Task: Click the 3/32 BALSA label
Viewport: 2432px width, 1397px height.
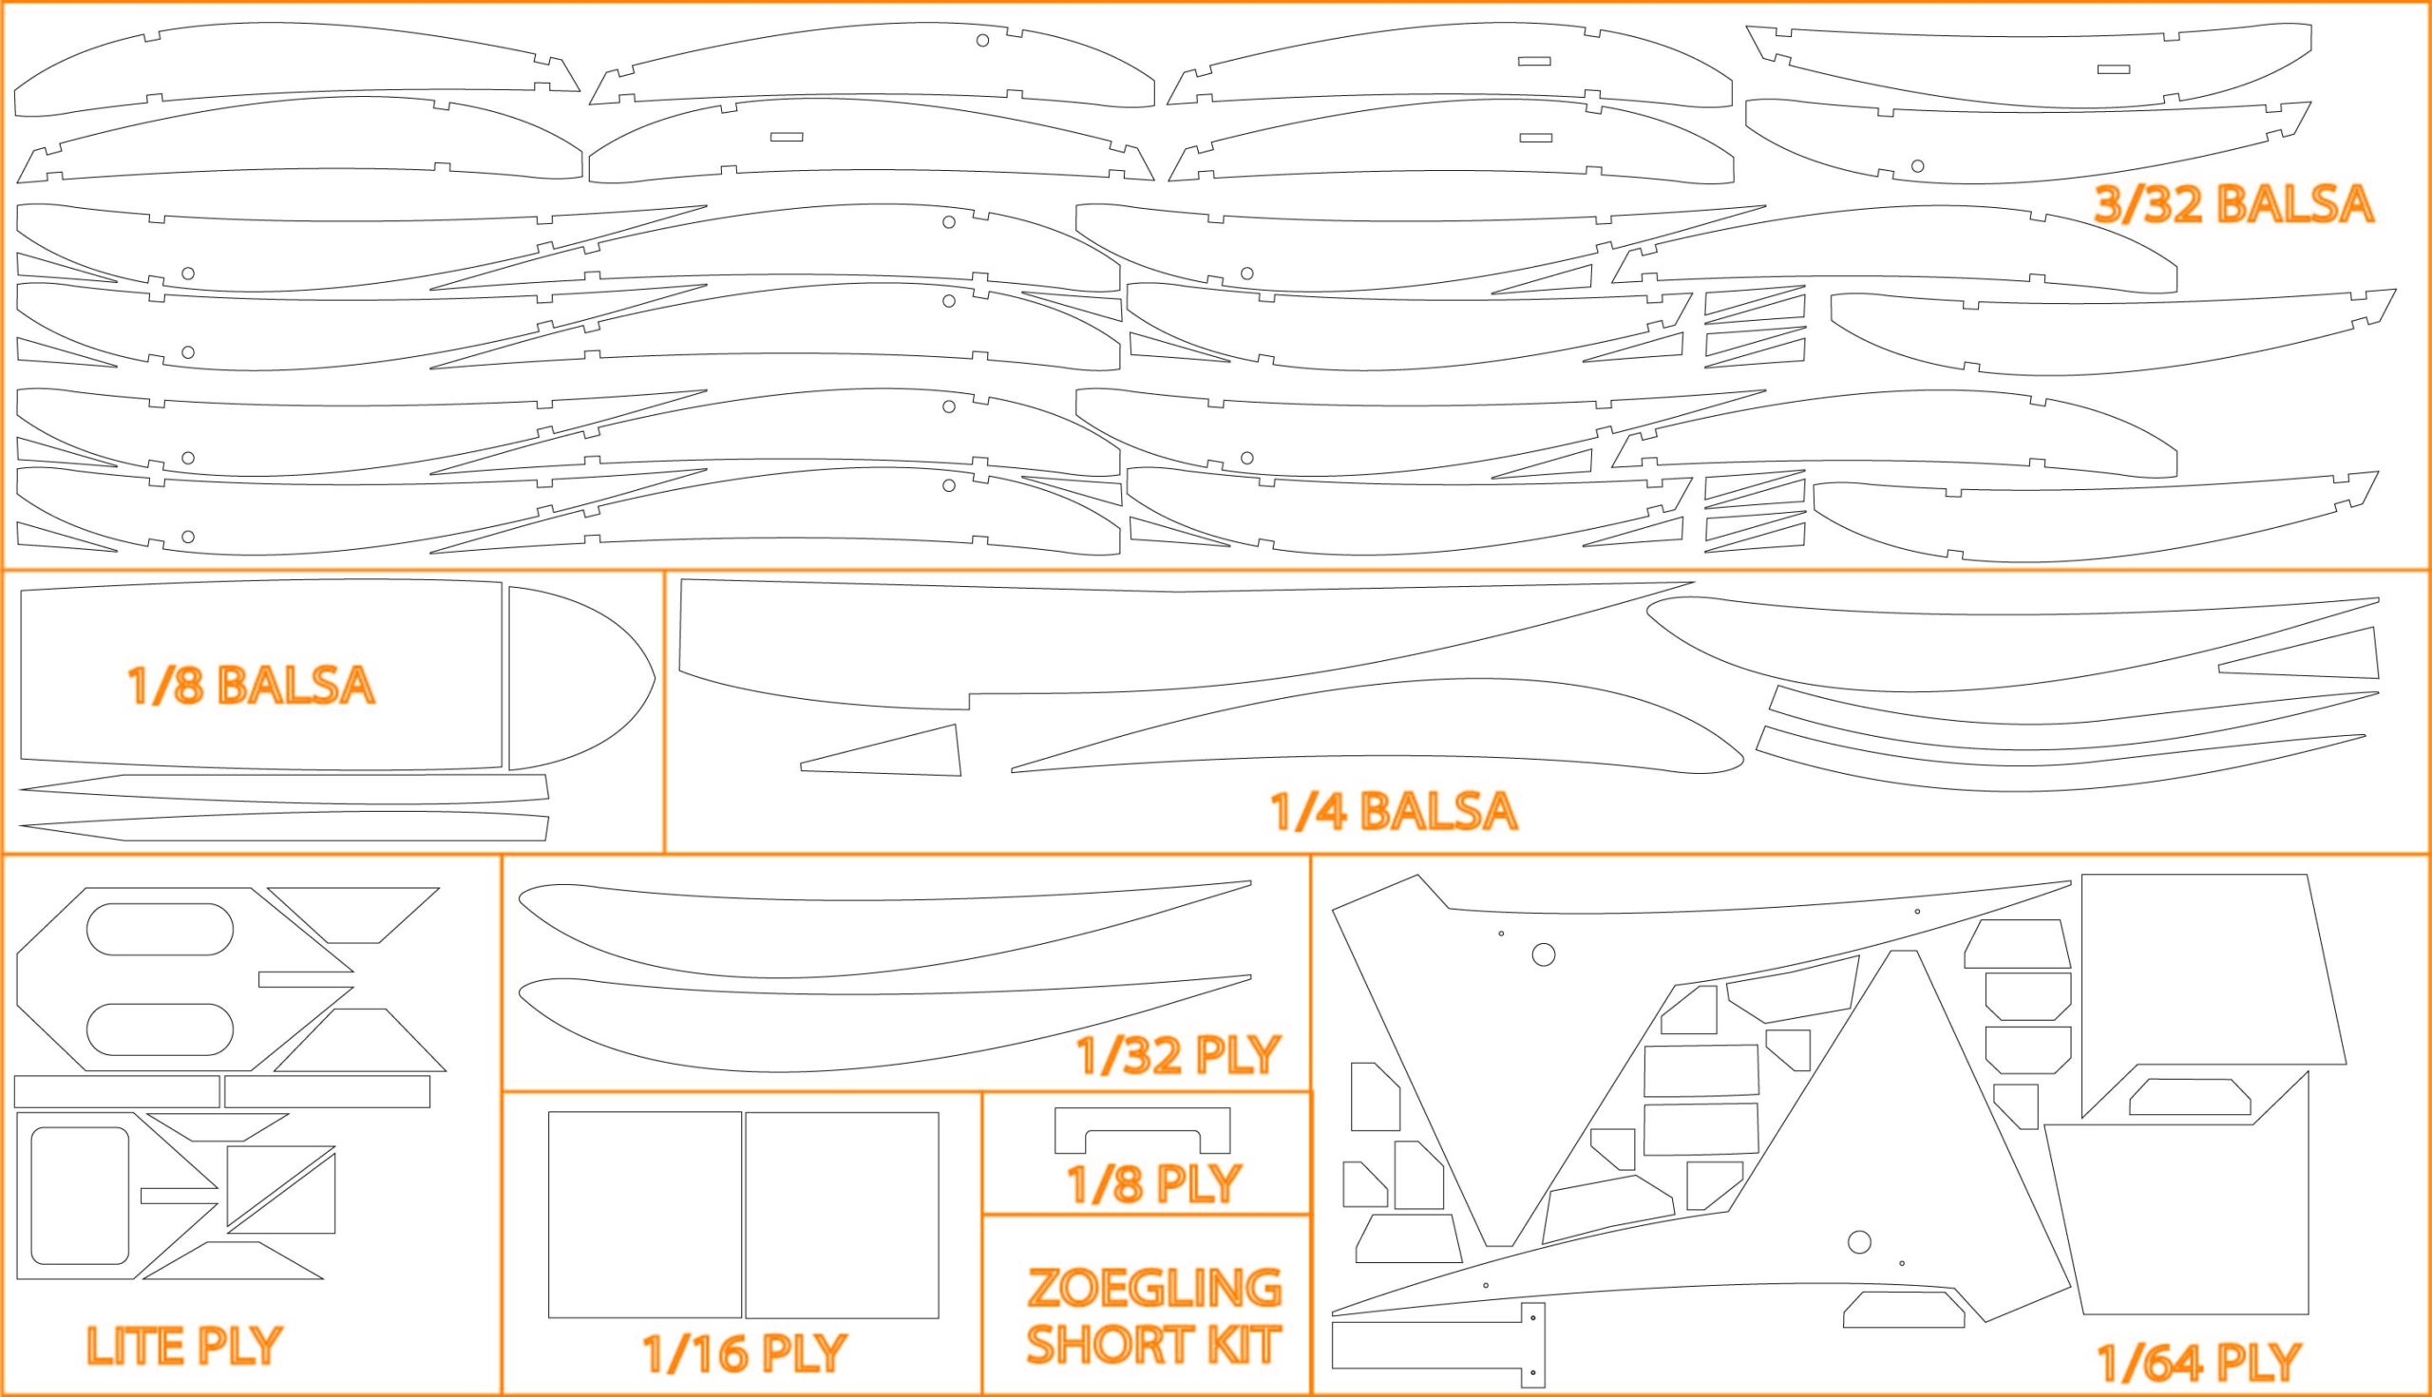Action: click(x=2232, y=204)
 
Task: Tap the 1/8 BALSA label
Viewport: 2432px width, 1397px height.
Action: click(x=251, y=685)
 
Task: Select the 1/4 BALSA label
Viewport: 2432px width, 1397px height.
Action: click(x=1394, y=811)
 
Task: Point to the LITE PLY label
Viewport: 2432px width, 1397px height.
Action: click(x=184, y=1345)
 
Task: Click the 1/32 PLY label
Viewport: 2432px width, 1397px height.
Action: click(x=1179, y=1055)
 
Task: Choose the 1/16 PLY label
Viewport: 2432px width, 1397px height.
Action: click(x=745, y=1353)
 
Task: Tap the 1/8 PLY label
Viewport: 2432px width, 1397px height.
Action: click(x=1154, y=1184)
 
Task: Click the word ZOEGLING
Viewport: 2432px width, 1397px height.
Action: click(x=1154, y=1289)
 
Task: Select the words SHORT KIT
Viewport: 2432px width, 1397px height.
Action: click(x=1154, y=1344)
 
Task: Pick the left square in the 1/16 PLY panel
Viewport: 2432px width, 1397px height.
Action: click(x=644, y=1215)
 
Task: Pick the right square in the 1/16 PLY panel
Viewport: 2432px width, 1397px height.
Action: click(x=842, y=1215)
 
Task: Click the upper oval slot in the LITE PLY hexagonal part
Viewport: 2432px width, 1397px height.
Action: click(x=160, y=929)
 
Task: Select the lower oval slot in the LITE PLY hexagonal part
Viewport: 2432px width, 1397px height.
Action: click(x=160, y=1029)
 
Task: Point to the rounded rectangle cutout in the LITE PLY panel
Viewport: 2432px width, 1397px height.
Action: click(x=80, y=1196)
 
